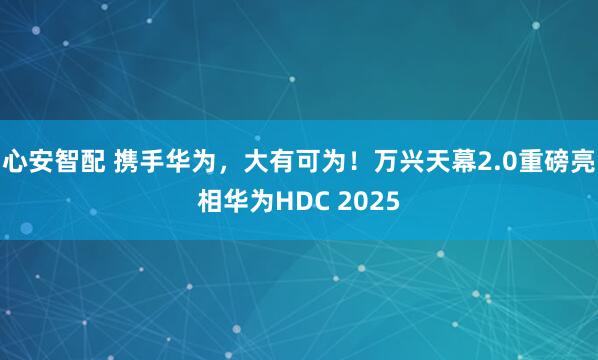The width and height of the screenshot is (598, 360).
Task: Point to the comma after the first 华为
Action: (x=223, y=164)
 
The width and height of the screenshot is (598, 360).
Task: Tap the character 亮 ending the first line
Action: (x=590, y=159)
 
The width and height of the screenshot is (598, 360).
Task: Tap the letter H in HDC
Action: (x=292, y=203)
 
